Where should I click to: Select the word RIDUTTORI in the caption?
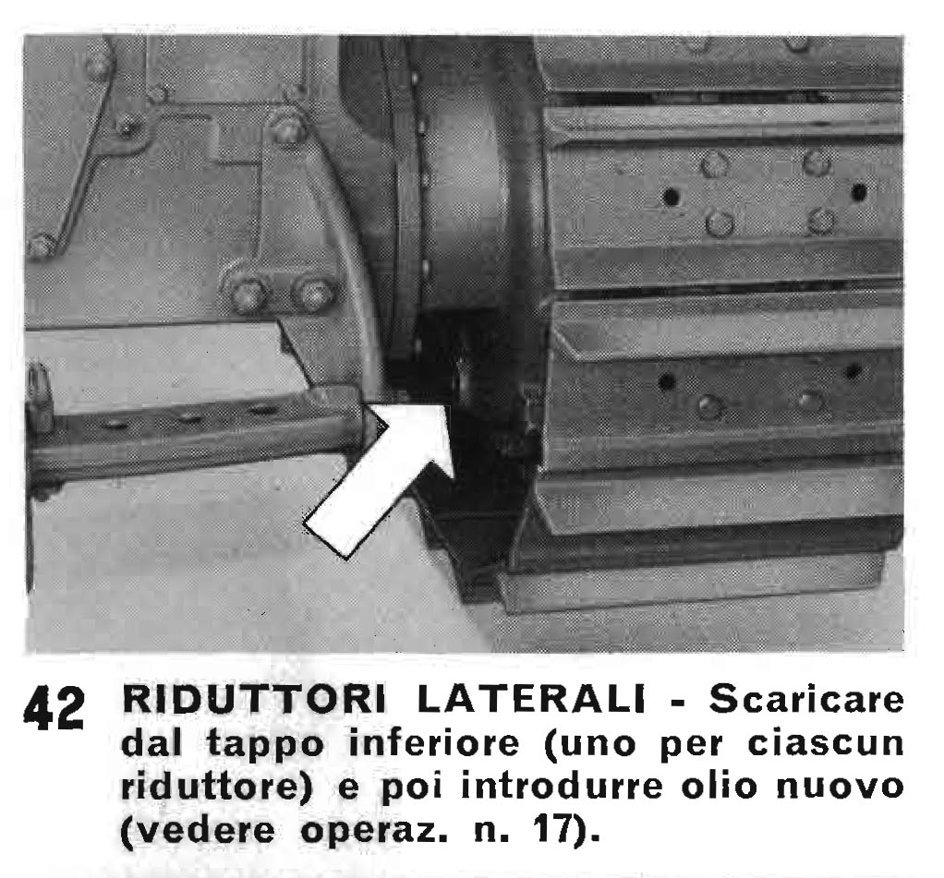(x=254, y=699)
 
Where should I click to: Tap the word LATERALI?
(x=531, y=699)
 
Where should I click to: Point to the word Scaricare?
(x=806, y=699)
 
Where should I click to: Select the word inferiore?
(x=434, y=742)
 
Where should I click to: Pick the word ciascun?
(x=826, y=742)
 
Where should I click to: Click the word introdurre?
(x=562, y=786)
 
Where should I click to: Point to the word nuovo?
(x=841, y=788)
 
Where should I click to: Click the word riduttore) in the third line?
(x=218, y=788)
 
